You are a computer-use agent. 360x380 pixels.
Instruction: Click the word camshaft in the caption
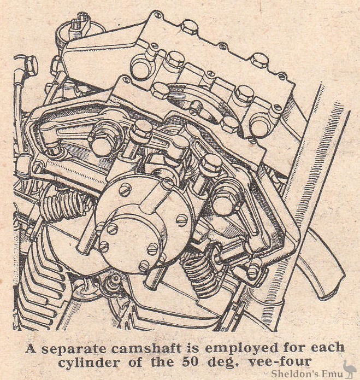click(147, 348)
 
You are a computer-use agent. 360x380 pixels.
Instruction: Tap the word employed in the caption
click(240, 349)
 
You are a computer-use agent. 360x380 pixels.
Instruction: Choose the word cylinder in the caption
click(89, 363)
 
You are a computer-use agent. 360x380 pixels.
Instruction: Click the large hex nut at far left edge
click(29, 65)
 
